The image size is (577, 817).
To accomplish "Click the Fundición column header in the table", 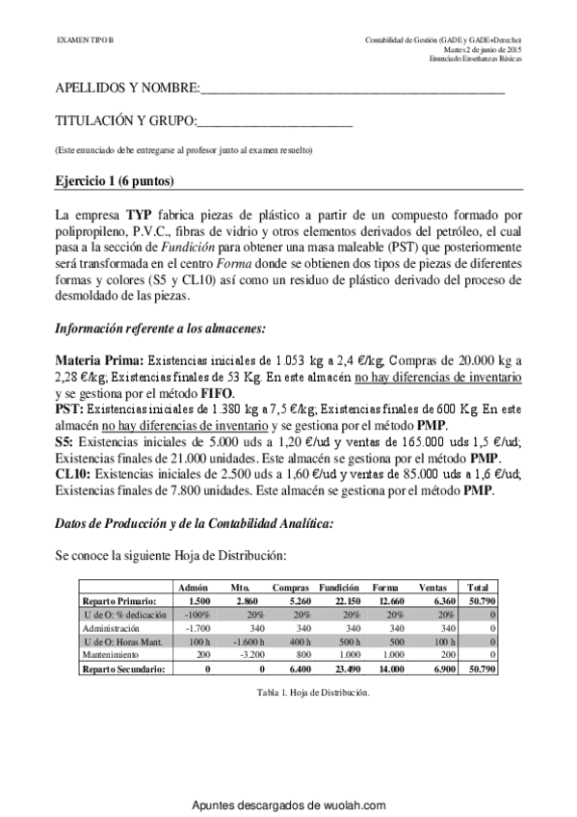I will (339, 586).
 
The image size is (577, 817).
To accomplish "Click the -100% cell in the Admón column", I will (197, 613).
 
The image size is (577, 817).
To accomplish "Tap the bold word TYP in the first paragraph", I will (127, 212).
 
